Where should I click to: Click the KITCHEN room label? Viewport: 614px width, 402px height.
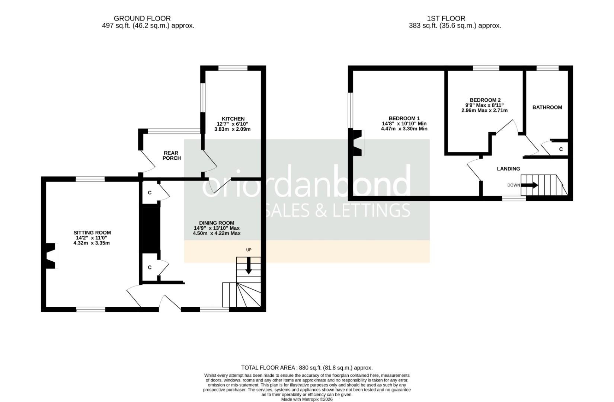(x=233, y=119)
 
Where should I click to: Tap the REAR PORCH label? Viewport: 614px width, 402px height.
(x=172, y=156)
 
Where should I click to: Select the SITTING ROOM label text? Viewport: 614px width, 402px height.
(x=92, y=233)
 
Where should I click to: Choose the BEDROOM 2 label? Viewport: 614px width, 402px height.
(x=485, y=100)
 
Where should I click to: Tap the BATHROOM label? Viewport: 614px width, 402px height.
(x=547, y=107)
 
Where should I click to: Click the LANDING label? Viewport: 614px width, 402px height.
(x=508, y=169)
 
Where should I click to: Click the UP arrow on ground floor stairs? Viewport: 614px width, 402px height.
(x=249, y=268)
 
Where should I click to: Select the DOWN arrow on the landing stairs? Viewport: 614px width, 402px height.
(x=530, y=185)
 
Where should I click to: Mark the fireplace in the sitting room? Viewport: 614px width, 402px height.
(x=51, y=255)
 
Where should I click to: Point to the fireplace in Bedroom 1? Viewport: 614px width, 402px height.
(x=357, y=143)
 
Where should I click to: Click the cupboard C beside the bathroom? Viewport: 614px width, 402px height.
(x=561, y=149)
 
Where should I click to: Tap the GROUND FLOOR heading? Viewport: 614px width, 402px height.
(x=142, y=18)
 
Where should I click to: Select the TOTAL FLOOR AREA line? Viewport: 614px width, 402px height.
(x=307, y=368)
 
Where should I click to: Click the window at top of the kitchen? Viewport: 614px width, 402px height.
(x=233, y=68)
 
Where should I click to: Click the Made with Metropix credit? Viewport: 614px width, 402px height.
(x=307, y=399)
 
